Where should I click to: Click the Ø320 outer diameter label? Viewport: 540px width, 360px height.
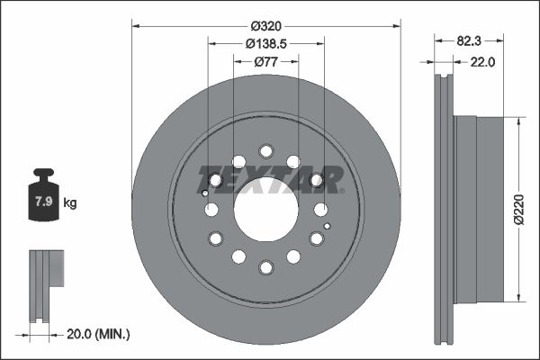click(265, 26)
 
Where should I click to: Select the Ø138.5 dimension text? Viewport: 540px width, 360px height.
click(265, 44)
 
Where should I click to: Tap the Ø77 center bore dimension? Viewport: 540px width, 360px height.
click(265, 62)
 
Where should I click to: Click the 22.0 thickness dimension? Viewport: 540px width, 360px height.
click(482, 62)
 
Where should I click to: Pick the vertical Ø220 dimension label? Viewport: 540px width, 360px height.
click(519, 210)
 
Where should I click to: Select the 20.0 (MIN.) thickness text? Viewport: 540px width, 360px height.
click(98, 334)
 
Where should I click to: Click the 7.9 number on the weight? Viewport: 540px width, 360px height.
click(44, 202)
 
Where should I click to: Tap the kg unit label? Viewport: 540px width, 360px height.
click(70, 202)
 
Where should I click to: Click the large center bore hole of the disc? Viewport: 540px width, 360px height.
click(265, 209)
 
